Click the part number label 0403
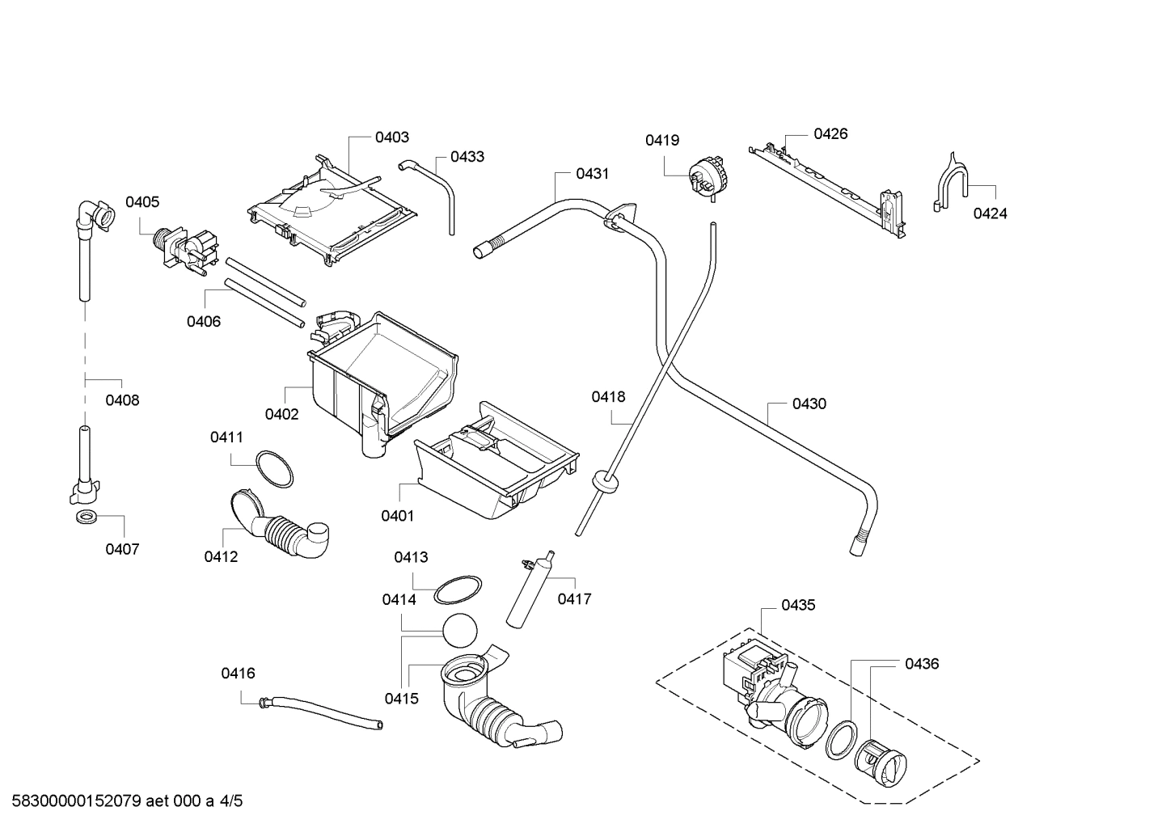point(391,137)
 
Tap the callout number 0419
point(661,141)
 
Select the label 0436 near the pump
point(922,664)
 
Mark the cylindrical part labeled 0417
point(529,589)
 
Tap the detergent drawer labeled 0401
point(493,465)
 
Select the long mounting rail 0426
point(829,188)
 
